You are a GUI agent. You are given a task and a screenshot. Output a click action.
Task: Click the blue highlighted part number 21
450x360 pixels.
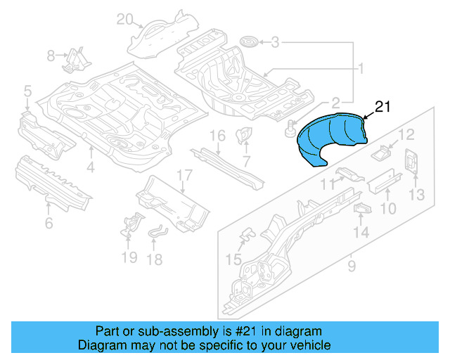330,139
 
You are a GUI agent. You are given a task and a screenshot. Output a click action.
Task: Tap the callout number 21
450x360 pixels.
381,106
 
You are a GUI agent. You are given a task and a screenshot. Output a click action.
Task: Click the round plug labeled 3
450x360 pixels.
248,43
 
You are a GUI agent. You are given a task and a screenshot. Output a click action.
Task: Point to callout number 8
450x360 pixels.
51,56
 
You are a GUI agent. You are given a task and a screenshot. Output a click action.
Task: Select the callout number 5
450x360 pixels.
27,91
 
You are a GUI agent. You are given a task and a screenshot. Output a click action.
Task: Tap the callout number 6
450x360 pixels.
48,224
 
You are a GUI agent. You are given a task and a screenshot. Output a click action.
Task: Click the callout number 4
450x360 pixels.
91,167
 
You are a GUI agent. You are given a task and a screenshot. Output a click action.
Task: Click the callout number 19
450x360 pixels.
128,257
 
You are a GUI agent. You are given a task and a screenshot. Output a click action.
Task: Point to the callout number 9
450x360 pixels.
351,266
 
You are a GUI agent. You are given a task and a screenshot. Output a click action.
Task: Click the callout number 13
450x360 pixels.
417,194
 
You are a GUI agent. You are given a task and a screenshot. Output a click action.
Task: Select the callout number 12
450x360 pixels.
407,134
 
